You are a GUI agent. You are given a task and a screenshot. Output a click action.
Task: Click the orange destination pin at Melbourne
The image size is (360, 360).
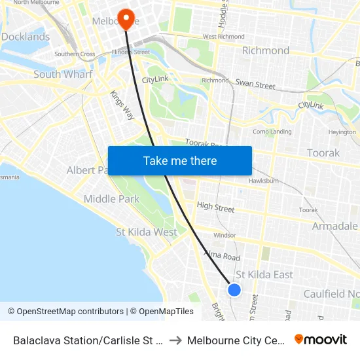pyautogui.click(x=124, y=16)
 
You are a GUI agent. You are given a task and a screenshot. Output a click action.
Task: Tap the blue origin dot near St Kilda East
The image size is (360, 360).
pyautogui.click(x=234, y=289)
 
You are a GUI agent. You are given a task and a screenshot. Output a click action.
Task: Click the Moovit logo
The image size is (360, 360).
pyautogui.click(x=320, y=339)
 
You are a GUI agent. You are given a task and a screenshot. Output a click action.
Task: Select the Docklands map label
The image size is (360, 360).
pyautogui.click(x=25, y=37)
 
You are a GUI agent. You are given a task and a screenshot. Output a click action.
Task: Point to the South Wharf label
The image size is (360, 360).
pyautogui.click(x=63, y=74)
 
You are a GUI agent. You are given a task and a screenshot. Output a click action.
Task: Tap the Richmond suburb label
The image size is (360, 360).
pyautogui.click(x=266, y=50)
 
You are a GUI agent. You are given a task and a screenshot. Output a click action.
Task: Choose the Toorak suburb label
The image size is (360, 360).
pyautogui.click(x=323, y=153)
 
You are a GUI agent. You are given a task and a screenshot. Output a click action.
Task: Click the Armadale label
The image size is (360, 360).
pyautogui.click(x=334, y=226)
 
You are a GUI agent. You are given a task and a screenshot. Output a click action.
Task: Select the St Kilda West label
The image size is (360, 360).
pyautogui.click(x=147, y=232)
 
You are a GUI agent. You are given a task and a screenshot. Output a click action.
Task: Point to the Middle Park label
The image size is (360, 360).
pyautogui.click(x=111, y=199)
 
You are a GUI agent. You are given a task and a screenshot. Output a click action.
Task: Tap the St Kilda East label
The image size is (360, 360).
pyautogui.click(x=264, y=274)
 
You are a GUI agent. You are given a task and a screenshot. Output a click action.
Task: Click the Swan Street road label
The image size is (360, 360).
pyautogui.click(x=255, y=84)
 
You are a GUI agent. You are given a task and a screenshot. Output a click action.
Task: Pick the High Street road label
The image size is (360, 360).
pyautogui.click(x=215, y=207)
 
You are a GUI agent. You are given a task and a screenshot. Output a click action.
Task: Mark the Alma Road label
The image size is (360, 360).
pyautogui.click(x=222, y=256)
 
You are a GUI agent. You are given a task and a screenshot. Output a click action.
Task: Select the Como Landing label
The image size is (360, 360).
pyautogui.click(x=272, y=132)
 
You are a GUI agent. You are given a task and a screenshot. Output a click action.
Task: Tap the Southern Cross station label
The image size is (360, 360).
pyautogui.click(x=75, y=54)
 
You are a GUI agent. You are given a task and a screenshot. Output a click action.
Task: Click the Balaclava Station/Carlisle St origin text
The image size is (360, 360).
pyautogui.click(x=88, y=340)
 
